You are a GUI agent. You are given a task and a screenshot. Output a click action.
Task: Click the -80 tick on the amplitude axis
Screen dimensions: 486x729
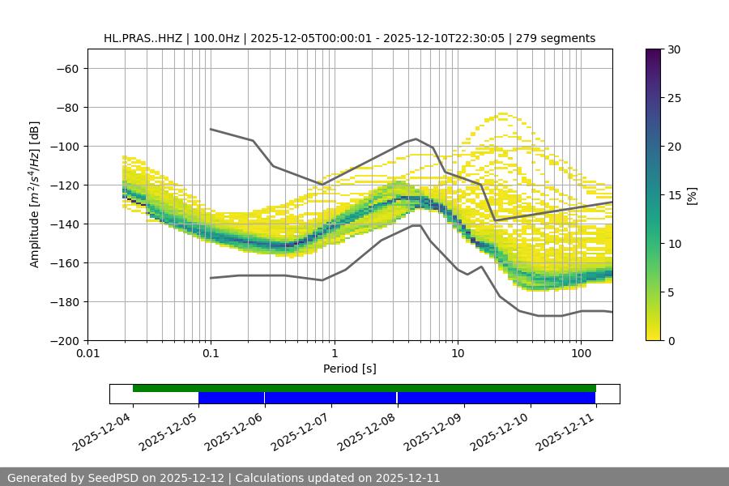[66, 107]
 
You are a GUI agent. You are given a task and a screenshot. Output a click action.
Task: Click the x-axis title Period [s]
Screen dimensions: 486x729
[350, 369]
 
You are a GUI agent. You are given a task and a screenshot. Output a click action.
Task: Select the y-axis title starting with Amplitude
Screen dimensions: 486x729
[35, 194]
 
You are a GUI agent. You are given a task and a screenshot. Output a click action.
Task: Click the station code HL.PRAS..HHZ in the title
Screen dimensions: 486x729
[143, 38]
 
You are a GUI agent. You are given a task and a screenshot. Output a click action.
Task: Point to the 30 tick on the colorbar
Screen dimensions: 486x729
[674, 49]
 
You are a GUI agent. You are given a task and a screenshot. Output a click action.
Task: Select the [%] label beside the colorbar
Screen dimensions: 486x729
[692, 195]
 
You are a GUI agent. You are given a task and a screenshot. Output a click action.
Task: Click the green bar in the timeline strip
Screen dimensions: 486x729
[364, 388]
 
